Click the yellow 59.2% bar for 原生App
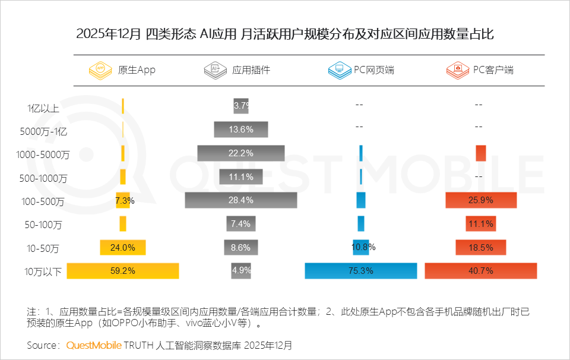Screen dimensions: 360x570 coord(123,271)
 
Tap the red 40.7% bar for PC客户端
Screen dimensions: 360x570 coord(481,271)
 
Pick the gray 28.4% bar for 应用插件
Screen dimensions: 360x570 coord(241,200)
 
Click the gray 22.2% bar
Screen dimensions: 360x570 coord(241,153)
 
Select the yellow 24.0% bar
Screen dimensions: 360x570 coord(123,247)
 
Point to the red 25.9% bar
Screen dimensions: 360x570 coord(481,200)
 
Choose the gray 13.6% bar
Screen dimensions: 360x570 coord(241,130)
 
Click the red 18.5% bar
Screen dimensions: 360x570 coord(481,247)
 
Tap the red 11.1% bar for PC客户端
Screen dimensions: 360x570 coord(481,224)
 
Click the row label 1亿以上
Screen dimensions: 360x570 coord(43,108)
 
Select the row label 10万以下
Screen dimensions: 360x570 coord(43,272)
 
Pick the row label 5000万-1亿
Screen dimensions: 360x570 coord(43,131)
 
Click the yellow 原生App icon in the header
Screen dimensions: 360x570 coord(100,70)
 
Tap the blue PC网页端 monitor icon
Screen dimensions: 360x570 coord(338,70)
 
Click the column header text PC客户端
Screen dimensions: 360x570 coord(493,70)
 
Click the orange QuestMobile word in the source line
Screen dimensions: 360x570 coord(93,345)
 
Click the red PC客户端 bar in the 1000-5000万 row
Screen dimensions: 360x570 coord(481,153)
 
